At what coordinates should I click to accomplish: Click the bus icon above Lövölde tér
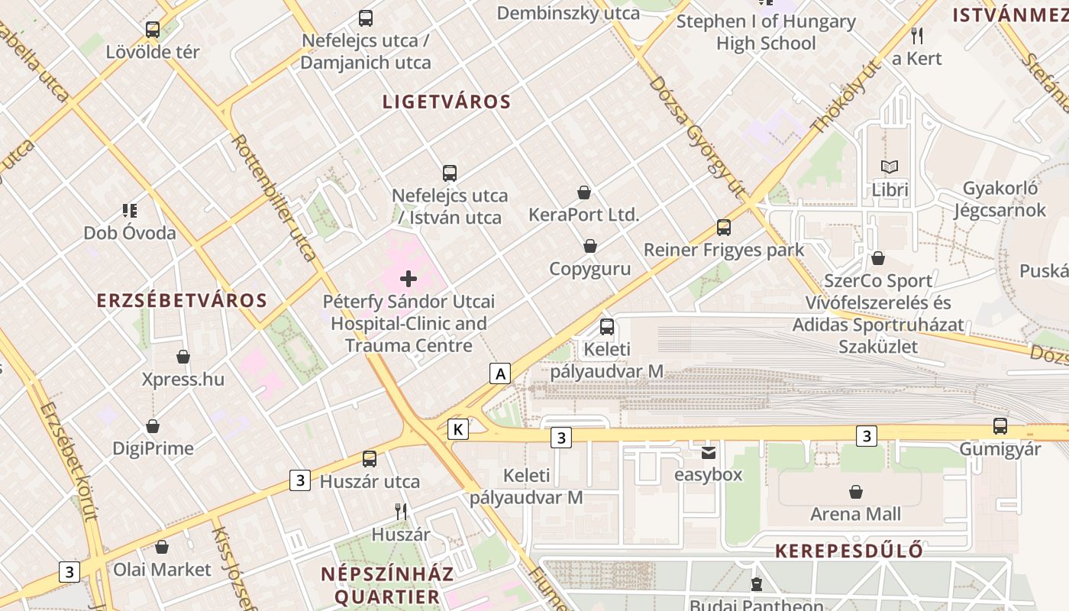pos(153,30)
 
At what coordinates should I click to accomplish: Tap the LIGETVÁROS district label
pos(447,102)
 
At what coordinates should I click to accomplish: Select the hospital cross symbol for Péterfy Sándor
pos(409,279)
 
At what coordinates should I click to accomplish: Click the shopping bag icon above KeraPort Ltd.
pos(584,192)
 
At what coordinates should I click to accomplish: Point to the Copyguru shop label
pos(590,269)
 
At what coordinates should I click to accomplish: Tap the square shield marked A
pos(500,373)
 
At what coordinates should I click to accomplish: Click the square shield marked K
pos(458,429)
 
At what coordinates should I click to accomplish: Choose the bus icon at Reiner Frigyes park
pos(724,228)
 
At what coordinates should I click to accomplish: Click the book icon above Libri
pos(890,166)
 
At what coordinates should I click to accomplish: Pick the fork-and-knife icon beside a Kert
pos(917,35)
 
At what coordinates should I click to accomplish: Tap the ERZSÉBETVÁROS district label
pos(182,300)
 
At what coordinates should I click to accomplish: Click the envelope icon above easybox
pos(709,453)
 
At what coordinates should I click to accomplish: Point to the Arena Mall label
pos(855,514)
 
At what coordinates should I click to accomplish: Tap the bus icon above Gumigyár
pos(1000,426)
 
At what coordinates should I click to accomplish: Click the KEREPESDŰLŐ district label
pos(849,551)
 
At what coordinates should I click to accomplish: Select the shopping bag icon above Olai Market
pos(162,547)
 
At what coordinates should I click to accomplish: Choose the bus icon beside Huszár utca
pos(370,459)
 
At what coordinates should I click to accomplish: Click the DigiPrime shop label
pos(153,448)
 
